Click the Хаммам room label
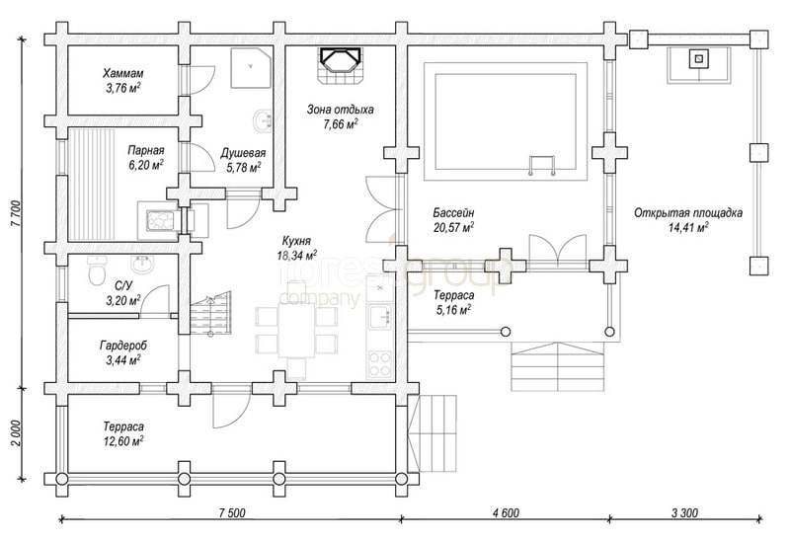pos(123,73)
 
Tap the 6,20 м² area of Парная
pos(146,165)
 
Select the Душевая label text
pos(243,153)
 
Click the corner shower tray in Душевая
pos(251,68)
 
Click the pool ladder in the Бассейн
pos(541,165)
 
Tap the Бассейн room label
pos(453,213)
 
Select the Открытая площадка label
pos(688,213)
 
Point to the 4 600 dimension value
pos(506,512)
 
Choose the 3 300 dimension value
pos(684,512)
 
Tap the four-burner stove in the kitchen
pos(380,364)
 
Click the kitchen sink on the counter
pos(380,317)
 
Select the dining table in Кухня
pos(297,330)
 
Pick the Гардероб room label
pos(123,347)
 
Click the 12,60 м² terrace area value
pos(123,441)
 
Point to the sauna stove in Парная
pos(159,220)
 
